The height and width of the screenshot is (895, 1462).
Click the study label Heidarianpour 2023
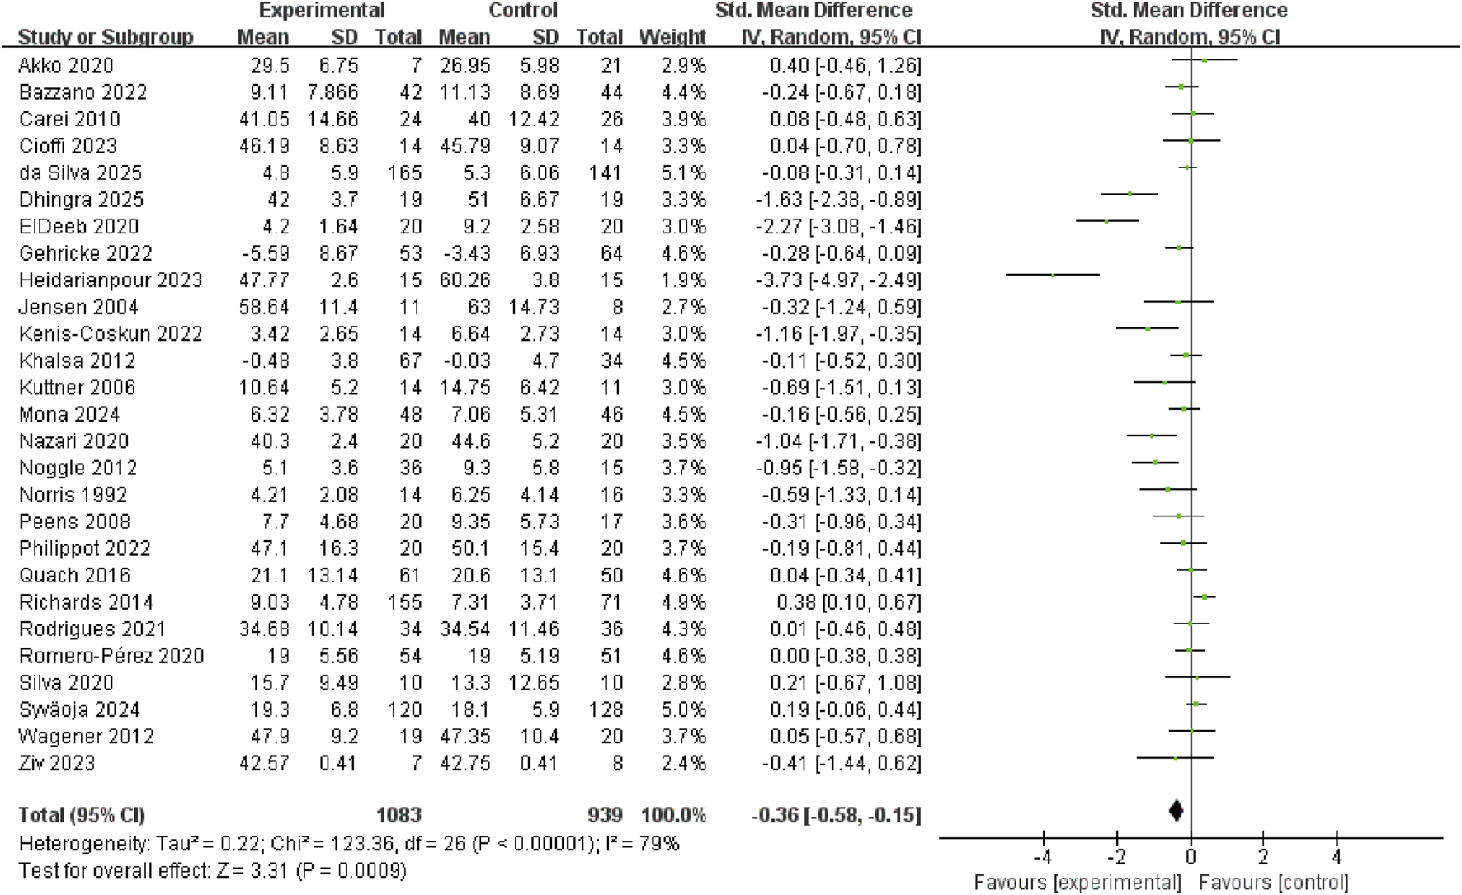pos(111,280)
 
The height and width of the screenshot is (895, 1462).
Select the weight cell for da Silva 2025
pos(683,173)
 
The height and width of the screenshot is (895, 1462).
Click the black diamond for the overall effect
pos(1177,811)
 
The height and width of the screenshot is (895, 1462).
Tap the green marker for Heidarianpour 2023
pos(1054,275)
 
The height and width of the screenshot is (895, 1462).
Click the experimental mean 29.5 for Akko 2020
pos(270,65)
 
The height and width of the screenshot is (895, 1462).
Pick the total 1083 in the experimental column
pos(399,815)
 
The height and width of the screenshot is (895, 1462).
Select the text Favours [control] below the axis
pos(1273,883)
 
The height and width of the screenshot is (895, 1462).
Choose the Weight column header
pos(672,37)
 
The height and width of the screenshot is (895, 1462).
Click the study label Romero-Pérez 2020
pos(111,656)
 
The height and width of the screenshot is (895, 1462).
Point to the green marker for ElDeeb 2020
pos(1106,221)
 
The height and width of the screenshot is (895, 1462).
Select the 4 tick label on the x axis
pos(1337,857)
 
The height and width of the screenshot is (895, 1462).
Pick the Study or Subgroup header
pos(106,37)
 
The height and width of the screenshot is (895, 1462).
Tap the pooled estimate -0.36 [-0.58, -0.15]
pos(836,815)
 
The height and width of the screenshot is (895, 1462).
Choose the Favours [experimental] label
pos(1078,883)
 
